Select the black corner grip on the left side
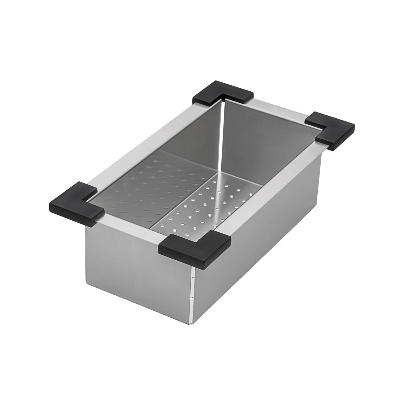pyautogui.click(x=76, y=203)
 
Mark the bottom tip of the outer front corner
pyautogui.click(x=193, y=325)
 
